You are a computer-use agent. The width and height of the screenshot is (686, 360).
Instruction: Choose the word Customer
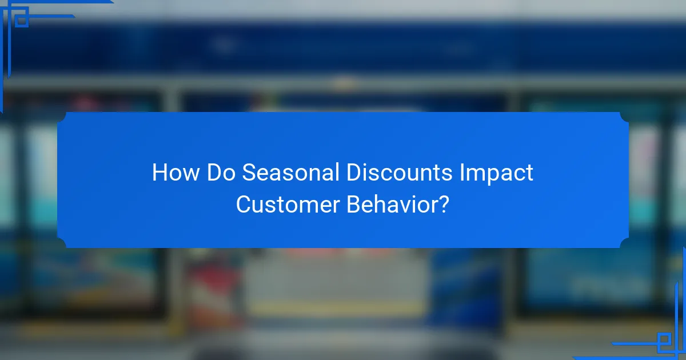tap(288, 205)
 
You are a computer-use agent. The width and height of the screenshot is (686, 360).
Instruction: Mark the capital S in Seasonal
tap(249, 173)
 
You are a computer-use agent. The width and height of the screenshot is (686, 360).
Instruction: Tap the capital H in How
tap(160, 173)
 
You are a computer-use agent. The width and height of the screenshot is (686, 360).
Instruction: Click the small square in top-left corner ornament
tap(22, 21)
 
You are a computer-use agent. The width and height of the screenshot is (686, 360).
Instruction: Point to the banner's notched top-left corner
tap(62, 117)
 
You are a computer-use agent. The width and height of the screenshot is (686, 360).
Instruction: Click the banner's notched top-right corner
tap(624, 117)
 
